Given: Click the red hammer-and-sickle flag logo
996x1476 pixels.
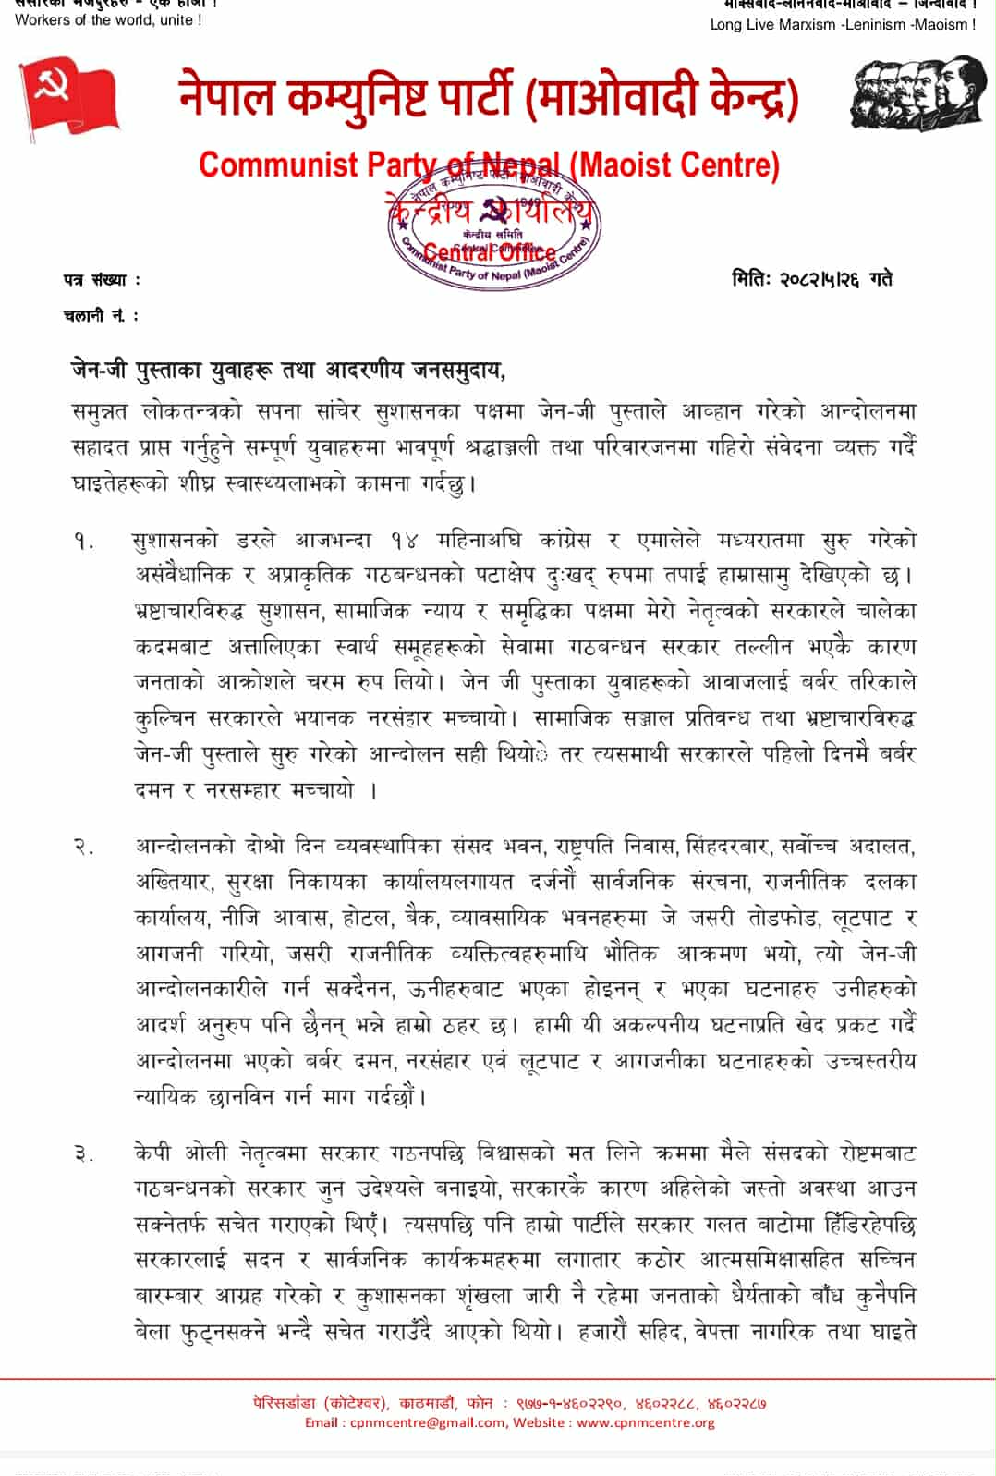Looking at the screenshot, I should pos(70,97).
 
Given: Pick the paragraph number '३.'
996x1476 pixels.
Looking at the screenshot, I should pos(84,1153).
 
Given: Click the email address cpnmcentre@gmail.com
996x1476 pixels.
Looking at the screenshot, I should pos(428,1422).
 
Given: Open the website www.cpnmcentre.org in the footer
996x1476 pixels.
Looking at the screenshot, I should pos(645,1422).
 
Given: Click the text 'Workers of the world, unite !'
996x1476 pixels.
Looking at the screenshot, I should pos(108,19).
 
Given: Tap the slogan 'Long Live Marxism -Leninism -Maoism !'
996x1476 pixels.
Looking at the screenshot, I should pos(843,25).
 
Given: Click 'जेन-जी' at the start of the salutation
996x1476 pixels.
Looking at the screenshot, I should pos(102,371).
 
